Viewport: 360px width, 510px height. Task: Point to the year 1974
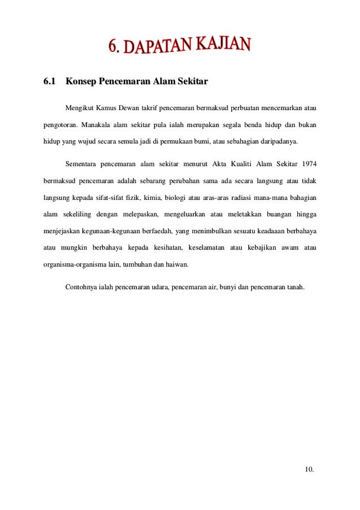(x=309, y=164)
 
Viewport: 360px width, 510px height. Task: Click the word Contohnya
(x=81, y=287)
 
